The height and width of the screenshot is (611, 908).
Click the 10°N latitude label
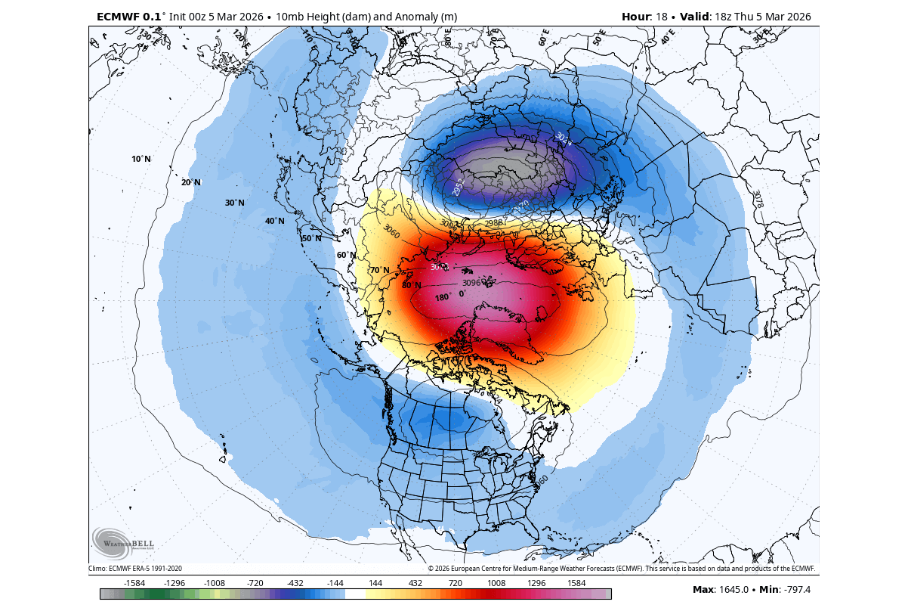[x=141, y=159]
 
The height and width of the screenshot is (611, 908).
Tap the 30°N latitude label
[x=235, y=203]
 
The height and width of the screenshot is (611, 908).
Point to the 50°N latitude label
[x=312, y=238]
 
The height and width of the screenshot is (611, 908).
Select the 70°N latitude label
[x=379, y=270]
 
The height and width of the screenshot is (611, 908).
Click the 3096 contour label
[x=471, y=283]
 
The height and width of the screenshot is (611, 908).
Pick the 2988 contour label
[x=493, y=222]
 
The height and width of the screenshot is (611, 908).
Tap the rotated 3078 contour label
[x=758, y=199]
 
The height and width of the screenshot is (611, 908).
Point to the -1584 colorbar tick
[x=134, y=583]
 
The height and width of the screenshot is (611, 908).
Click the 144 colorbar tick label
[x=375, y=583]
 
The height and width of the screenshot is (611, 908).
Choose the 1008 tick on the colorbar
[x=496, y=583]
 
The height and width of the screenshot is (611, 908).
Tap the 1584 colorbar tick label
[x=576, y=583]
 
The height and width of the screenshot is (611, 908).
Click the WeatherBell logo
[x=123, y=541]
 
